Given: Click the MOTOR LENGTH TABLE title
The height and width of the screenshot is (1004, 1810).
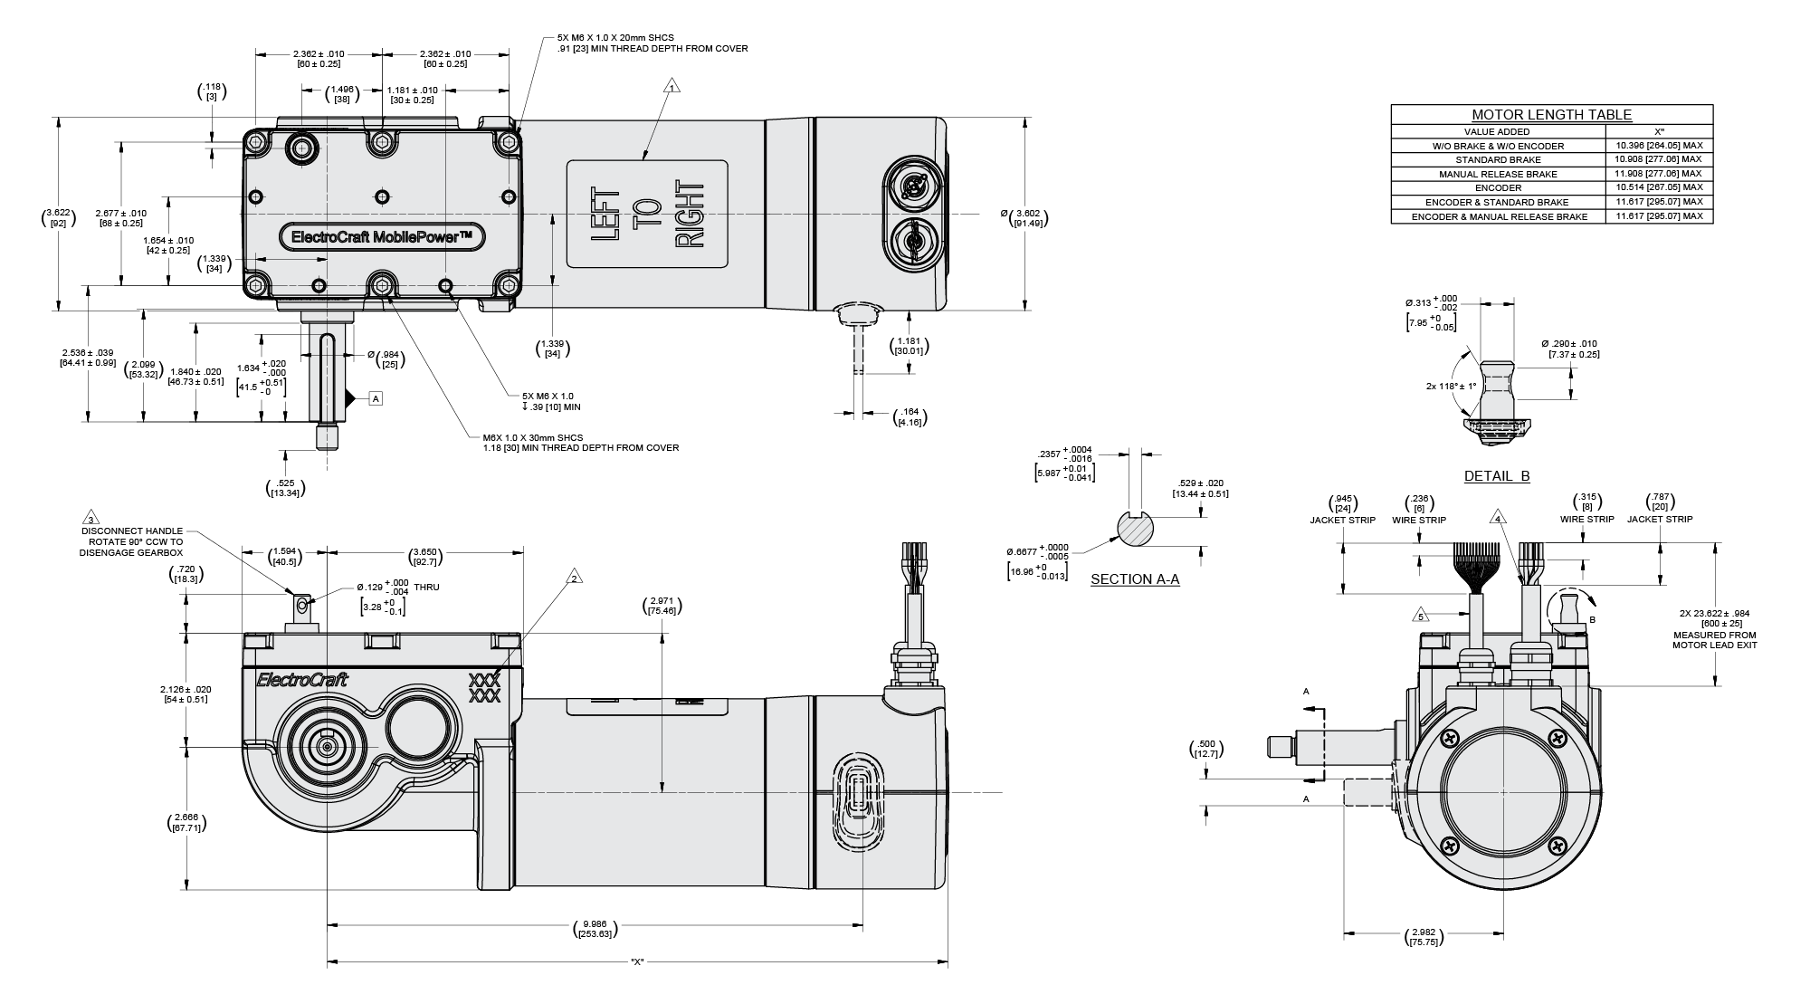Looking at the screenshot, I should click(x=1551, y=115).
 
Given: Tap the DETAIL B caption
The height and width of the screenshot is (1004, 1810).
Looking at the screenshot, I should click(x=1497, y=476).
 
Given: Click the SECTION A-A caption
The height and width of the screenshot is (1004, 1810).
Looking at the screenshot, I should click(x=1135, y=579).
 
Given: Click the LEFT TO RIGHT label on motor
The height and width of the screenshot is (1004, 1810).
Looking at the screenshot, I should click(x=647, y=215).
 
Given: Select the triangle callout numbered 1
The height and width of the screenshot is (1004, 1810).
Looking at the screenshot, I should click(x=672, y=88).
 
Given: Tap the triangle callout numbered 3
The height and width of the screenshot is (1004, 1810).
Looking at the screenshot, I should click(x=90, y=519).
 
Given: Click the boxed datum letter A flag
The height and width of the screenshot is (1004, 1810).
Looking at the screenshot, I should click(x=376, y=397).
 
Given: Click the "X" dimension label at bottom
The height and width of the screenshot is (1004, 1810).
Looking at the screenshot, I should click(x=637, y=961).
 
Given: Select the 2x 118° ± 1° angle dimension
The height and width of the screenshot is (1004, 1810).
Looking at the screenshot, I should click(x=1450, y=387).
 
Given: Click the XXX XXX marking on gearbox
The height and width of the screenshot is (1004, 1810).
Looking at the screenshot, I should click(x=484, y=688).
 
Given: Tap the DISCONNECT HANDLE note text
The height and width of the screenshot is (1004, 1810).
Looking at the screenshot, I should click(x=131, y=541).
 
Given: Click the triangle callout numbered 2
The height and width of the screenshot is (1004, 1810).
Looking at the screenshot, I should click(x=573, y=578).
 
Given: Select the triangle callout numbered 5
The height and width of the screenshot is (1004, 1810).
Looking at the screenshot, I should click(x=1420, y=617).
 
